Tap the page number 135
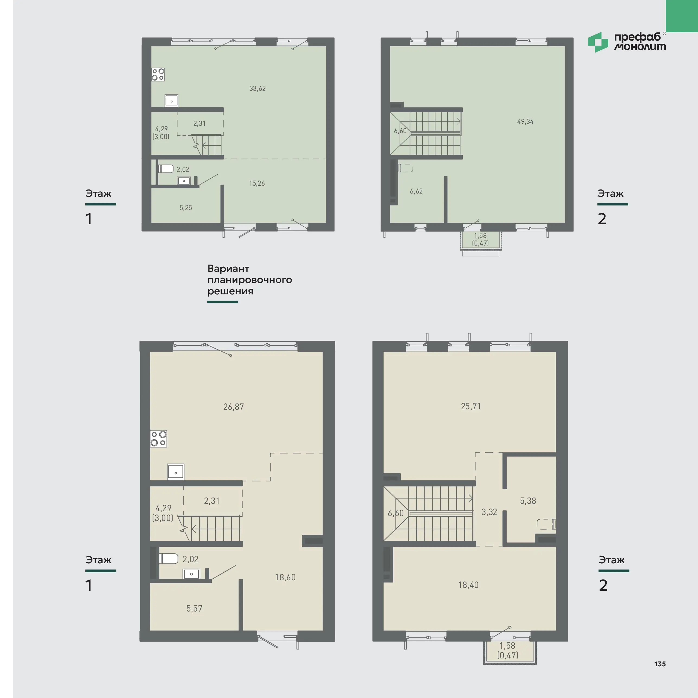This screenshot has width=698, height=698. (x=660, y=664)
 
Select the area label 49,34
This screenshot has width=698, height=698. (x=525, y=122)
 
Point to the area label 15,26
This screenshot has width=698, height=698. (x=257, y=184)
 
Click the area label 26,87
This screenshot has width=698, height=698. (x=233, y=407)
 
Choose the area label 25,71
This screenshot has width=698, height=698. (x=471, y=406)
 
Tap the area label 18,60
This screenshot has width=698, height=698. (x=285, y=577)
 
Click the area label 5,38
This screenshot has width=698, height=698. (x=528, y=501)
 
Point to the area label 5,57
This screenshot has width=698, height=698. (x=194, y=608)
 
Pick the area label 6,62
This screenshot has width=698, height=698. (x=416, y=191)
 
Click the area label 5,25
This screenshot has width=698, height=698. (x=186, y=208)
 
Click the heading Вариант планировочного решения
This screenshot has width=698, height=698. (x=250, y=280)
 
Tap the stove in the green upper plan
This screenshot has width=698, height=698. (x=158, y=75)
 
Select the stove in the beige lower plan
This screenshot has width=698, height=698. (x=159, y=439)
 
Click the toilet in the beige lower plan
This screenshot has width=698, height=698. (x=169, y=559)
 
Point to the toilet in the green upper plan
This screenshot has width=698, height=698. (x=166, y=169)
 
